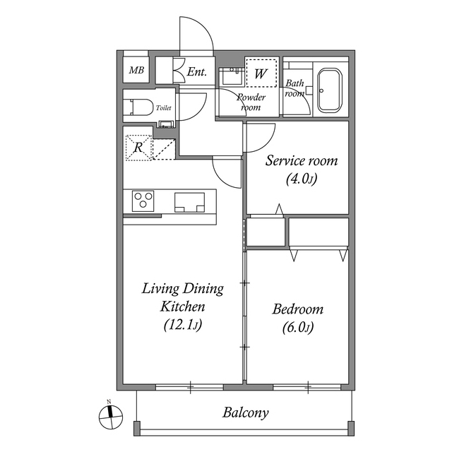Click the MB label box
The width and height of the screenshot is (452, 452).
[x=136, y=71]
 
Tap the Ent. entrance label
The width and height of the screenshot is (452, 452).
[x=196, y=71]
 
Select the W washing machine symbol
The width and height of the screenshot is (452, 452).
[x=261, y=73]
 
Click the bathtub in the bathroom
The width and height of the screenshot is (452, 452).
[x=328, y=90]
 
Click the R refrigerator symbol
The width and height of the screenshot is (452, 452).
[x=139, y=148]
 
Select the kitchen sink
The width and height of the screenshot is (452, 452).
[x=189, y=202]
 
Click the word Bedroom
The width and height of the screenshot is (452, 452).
[x=297, y=309]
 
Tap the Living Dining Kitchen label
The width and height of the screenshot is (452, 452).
[x=183, y=297]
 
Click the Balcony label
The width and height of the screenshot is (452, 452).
[x=245, y=413]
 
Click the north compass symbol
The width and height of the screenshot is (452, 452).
[x=108, y=416]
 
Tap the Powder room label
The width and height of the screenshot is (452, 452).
[x=250, y=102]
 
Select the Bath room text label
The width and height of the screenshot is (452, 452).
[x=295, y=88]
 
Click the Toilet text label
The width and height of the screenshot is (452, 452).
[x=163, y=108]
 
